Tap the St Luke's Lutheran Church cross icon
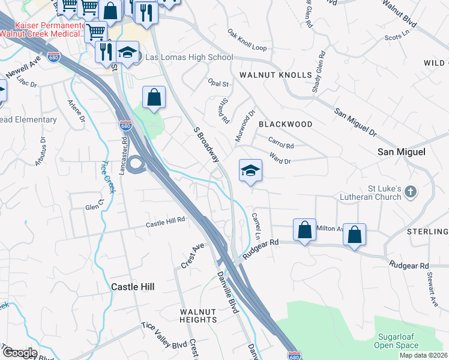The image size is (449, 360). pos(410,192)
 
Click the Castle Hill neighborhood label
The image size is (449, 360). pos(133,287)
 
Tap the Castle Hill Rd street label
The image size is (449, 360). pos(166,222)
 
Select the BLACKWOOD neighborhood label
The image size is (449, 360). pos(285,124)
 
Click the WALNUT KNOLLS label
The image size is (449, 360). pos(276,75)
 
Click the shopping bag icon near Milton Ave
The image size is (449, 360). pos(304,229)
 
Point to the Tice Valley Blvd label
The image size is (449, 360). pos(164,344)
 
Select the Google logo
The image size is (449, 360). pos(19,352)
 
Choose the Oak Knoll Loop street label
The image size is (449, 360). pos(247,40)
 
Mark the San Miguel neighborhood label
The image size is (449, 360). pos(401,152)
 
